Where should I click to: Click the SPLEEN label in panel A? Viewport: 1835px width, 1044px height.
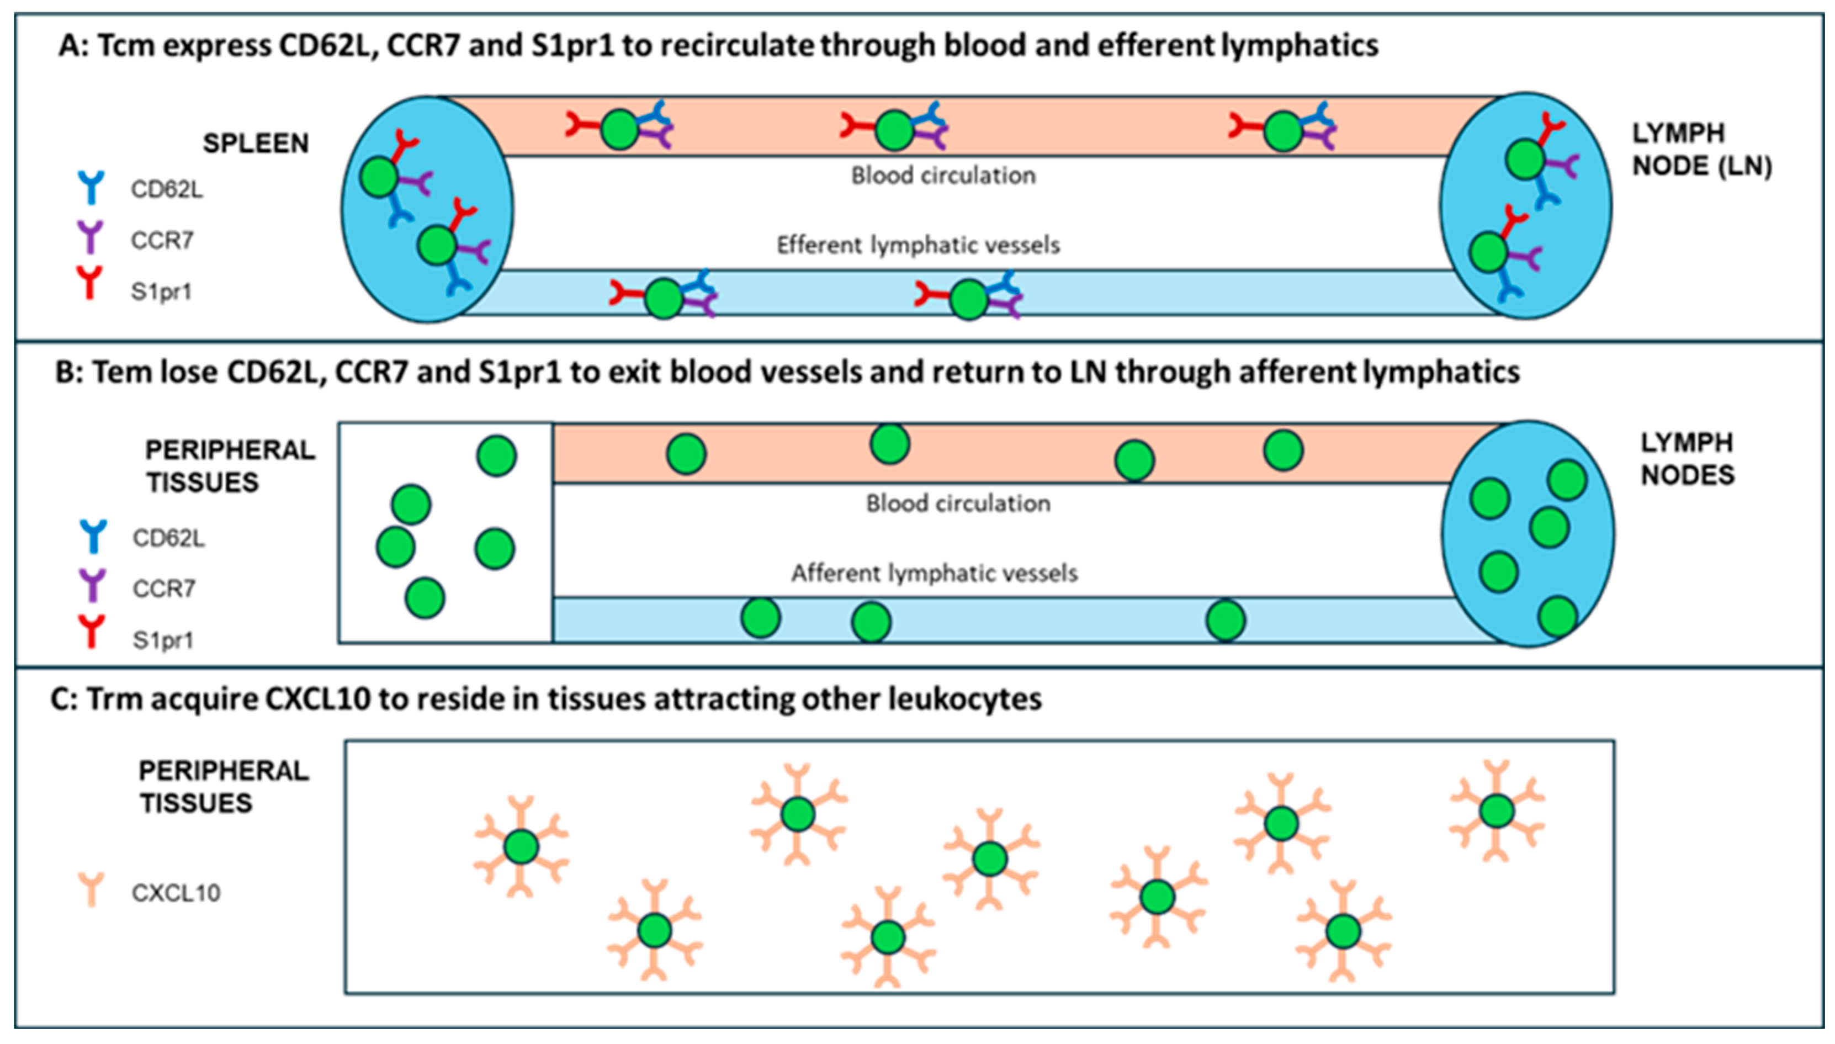click(256, 144)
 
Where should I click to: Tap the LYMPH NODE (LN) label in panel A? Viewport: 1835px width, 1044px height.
click(1701, 150)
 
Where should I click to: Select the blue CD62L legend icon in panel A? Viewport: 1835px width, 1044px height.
click(91, 188)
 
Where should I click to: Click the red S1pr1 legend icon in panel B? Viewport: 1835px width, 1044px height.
click(92, 632)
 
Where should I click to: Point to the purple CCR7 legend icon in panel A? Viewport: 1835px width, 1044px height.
click(91, 237)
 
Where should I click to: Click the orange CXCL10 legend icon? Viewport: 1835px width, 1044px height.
click(91, 889)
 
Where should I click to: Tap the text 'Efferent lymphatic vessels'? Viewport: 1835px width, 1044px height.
click(917, 245)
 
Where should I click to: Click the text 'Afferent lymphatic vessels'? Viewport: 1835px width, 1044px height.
click(934, 573)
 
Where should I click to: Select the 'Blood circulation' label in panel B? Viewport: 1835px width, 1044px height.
click(958, 504)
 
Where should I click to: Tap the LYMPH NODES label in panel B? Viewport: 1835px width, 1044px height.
click(1688, 459)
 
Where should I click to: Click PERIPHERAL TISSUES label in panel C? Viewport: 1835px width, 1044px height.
click(223, 787)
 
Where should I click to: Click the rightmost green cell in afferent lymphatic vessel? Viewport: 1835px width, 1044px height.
click(1226, 620)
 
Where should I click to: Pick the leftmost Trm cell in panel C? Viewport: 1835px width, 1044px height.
click(521, 847)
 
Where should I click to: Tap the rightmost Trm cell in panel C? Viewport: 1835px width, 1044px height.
click(1497, 811)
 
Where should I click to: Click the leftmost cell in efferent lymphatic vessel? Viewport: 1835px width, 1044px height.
click(664, 298)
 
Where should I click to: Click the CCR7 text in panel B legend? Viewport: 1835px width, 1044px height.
click(164, 589)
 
